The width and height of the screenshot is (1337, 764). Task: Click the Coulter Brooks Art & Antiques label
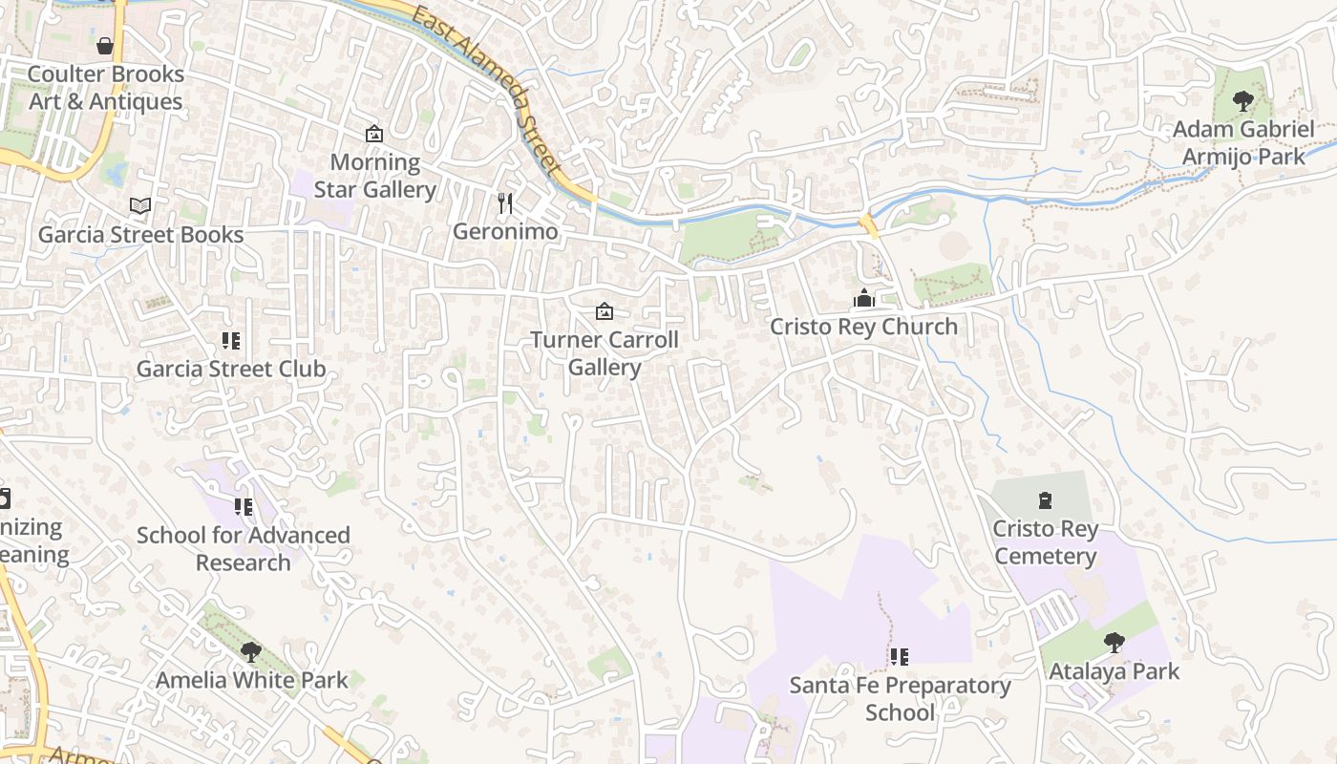click(105, 88)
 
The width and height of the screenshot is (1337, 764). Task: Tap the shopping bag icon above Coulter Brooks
click(105, 46)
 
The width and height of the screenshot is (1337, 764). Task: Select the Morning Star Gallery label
click(374, 176)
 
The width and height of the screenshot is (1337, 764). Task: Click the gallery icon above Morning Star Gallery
click(374, 134)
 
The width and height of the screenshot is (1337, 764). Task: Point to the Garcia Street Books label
click(140, 234)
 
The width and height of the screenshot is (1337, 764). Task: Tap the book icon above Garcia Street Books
click(140, 205)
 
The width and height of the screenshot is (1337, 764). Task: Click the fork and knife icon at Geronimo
click(505, 203)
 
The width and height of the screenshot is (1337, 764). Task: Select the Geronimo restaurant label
click(505, 231)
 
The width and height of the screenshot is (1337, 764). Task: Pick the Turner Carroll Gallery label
click(605, 353)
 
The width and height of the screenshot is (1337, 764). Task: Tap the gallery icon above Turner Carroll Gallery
click(605, 311)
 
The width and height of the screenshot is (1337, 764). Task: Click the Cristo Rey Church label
click(863, 327)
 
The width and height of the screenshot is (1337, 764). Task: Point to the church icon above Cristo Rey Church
click(864, 299)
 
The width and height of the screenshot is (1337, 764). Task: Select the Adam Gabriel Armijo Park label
click(1243, 142)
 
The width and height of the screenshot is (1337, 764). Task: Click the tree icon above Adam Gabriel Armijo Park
click(1242, 100)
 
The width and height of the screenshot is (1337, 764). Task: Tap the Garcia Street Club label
click(231, 369)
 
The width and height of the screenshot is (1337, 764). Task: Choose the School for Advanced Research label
click(244, 548)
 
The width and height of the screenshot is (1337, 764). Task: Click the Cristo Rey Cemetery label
click(1045, 542)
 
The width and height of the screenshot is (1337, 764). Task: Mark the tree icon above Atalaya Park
click(1114, 643)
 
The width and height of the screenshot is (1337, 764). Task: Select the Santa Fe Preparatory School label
click(900, 699)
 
